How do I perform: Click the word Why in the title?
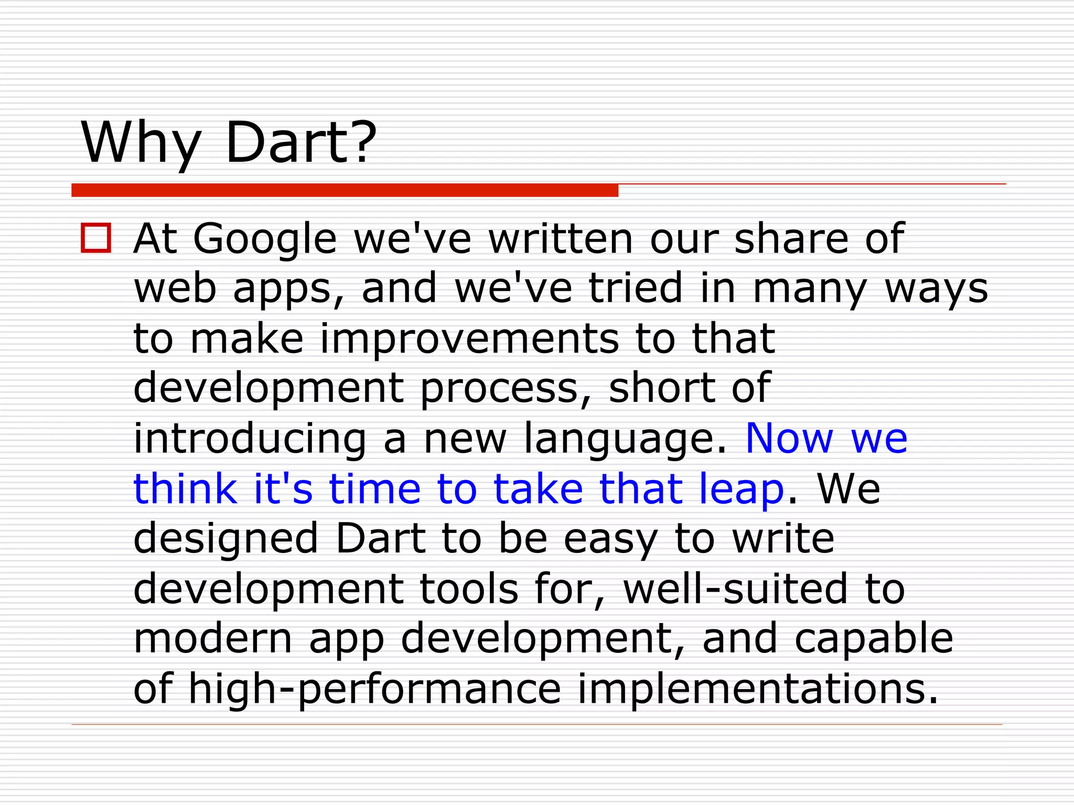[x=141, y=143]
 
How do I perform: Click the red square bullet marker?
[x=96, y=238]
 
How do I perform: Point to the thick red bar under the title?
[x=345, y=190]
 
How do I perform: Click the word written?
[x=561, y=238]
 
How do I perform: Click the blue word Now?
[x=789, y=438]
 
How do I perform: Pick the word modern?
[x=212, y=638]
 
